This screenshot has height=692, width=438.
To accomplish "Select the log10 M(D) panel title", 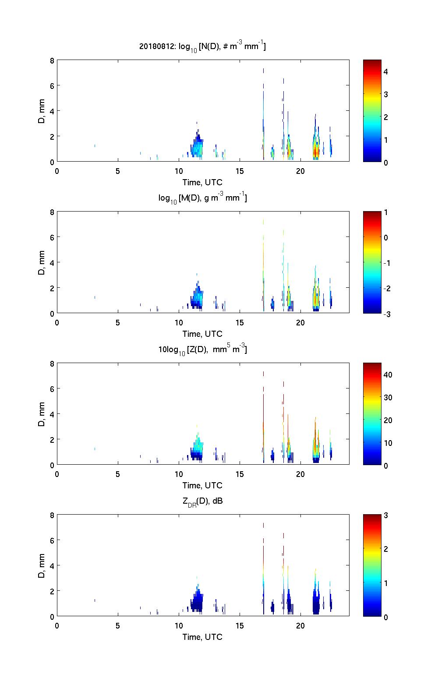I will pos(202,198).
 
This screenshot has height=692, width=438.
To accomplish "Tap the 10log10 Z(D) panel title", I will pos(202,350).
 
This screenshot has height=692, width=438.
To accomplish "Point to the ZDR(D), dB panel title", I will pos(202,501).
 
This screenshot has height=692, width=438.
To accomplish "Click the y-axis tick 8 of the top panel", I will pos(52,61).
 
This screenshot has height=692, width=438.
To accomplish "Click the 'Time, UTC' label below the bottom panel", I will pos(202,637).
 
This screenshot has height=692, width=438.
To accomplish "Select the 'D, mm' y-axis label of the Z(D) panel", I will pos(42,414).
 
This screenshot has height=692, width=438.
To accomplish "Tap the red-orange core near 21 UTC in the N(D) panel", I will pos(316,152).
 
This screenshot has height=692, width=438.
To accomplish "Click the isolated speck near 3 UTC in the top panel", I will pos(95,145).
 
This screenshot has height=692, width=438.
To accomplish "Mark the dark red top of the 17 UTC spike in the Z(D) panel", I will pos(263,374).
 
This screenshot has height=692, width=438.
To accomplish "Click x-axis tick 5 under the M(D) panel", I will pos(118,322).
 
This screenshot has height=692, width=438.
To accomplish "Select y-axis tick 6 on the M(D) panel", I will pos(52,237).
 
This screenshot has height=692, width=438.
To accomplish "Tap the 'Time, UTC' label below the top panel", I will pos(202,182).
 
